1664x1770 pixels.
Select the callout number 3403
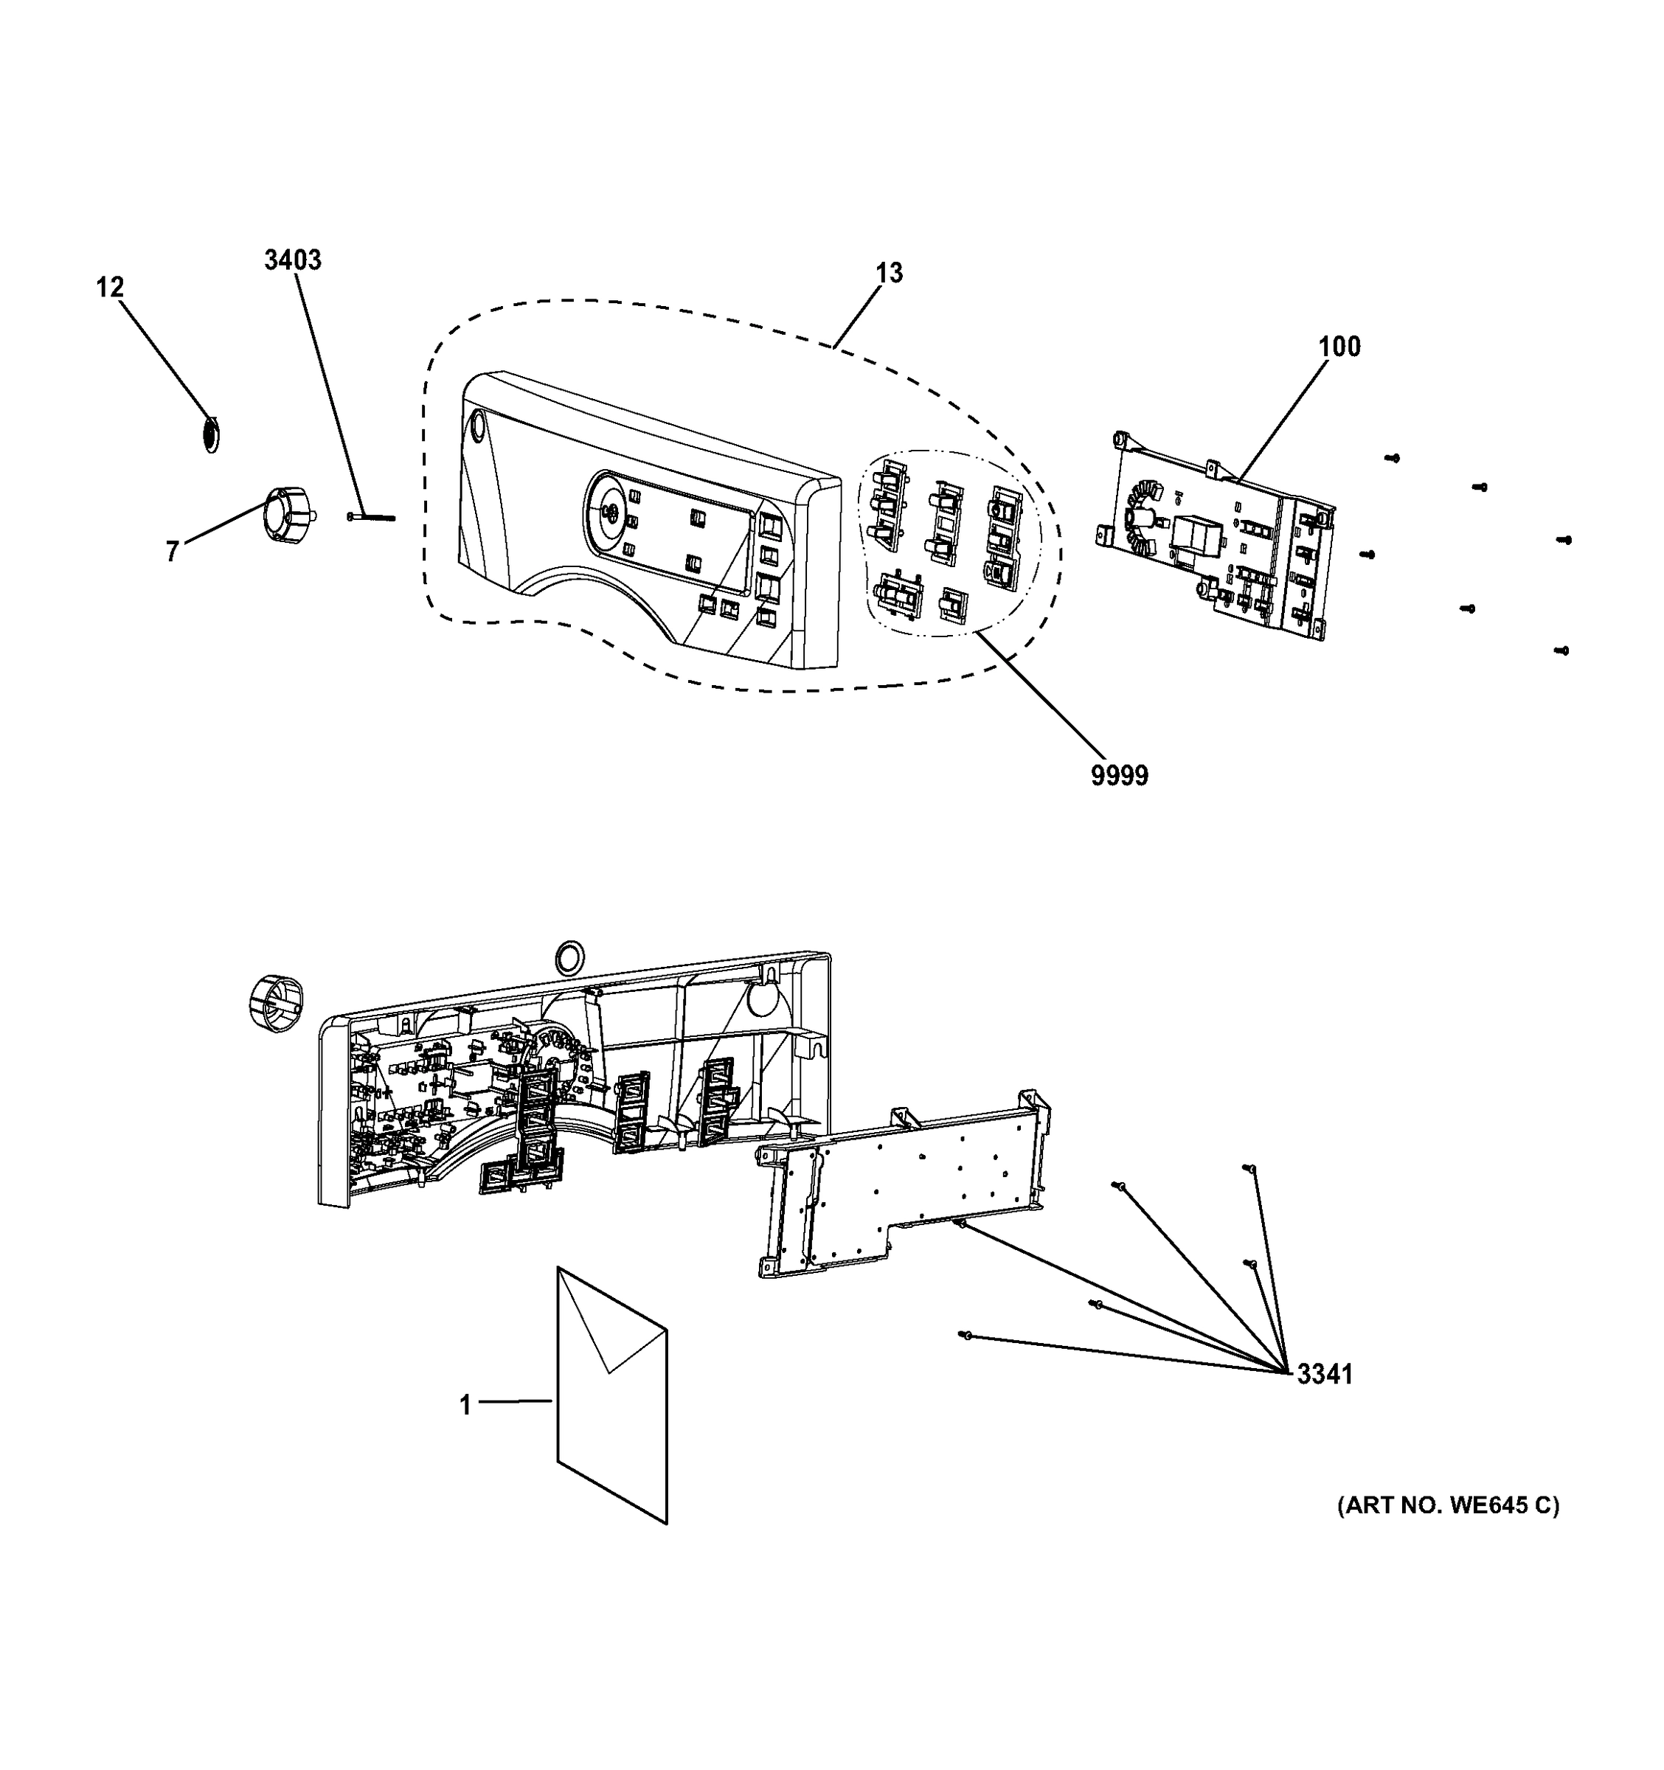292,260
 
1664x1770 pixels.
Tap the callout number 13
889,272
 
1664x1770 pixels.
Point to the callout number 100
1339,347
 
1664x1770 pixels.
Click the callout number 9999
1119,776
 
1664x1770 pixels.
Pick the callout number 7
172,551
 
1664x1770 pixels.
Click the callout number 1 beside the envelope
465,1405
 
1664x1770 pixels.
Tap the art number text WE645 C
1448,1504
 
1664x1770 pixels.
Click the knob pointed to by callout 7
284,512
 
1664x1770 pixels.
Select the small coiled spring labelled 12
211,434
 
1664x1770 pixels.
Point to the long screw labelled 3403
372,516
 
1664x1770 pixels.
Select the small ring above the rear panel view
568,958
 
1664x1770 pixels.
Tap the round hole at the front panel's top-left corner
476,426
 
